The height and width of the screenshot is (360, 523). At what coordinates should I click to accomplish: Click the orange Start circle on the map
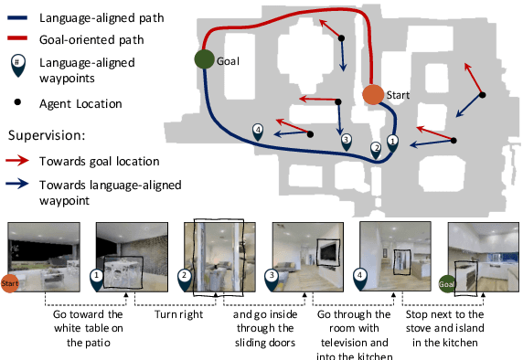372,94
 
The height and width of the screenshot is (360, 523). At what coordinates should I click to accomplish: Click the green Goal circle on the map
204,59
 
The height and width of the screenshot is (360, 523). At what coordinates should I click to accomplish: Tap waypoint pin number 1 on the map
393,142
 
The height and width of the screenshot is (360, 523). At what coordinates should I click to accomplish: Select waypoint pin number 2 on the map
375,149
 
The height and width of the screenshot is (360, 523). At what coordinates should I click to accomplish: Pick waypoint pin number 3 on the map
346,141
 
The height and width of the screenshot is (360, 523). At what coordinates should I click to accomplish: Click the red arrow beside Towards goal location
23,161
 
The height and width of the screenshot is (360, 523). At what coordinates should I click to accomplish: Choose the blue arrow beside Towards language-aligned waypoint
23,184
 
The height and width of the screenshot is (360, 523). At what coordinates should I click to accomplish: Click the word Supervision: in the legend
45,135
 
